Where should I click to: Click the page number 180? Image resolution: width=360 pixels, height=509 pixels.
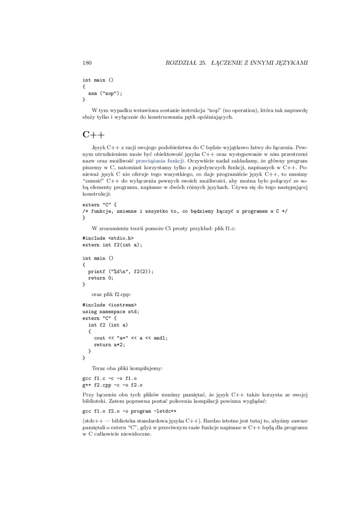tap(87, 63)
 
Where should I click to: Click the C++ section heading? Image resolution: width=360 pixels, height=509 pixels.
tap(93, 134)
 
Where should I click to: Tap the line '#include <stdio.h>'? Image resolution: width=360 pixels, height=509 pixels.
tap(108, 238)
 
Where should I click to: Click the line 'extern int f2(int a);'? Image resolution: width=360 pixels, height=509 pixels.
tap(112, 245)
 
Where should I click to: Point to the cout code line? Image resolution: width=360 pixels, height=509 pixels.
tap(131, 338)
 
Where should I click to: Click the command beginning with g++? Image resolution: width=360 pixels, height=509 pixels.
tap(112, 385)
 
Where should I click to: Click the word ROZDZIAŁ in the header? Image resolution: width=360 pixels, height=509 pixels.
tap(180, 63)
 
